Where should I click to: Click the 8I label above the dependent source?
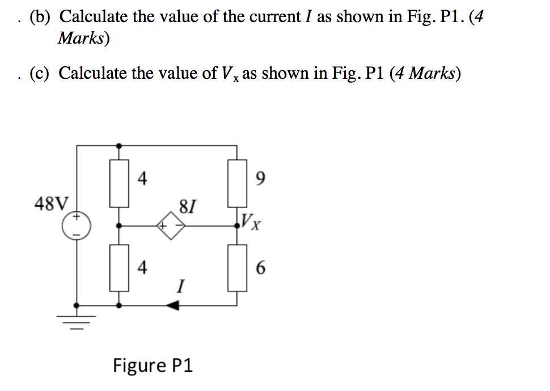coord(187,205)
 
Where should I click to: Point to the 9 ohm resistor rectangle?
coord(237,183)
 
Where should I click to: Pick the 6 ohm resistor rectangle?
coord(237,267)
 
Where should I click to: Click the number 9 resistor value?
coord(260,180)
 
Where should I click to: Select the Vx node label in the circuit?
coord(251,222)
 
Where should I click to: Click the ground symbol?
coord(77,321)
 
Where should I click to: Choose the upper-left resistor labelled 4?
coord(119,183)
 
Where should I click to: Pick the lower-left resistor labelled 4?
coord(119,267)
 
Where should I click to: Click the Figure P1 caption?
coord(153,365)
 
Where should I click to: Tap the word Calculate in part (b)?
coord(94,17)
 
